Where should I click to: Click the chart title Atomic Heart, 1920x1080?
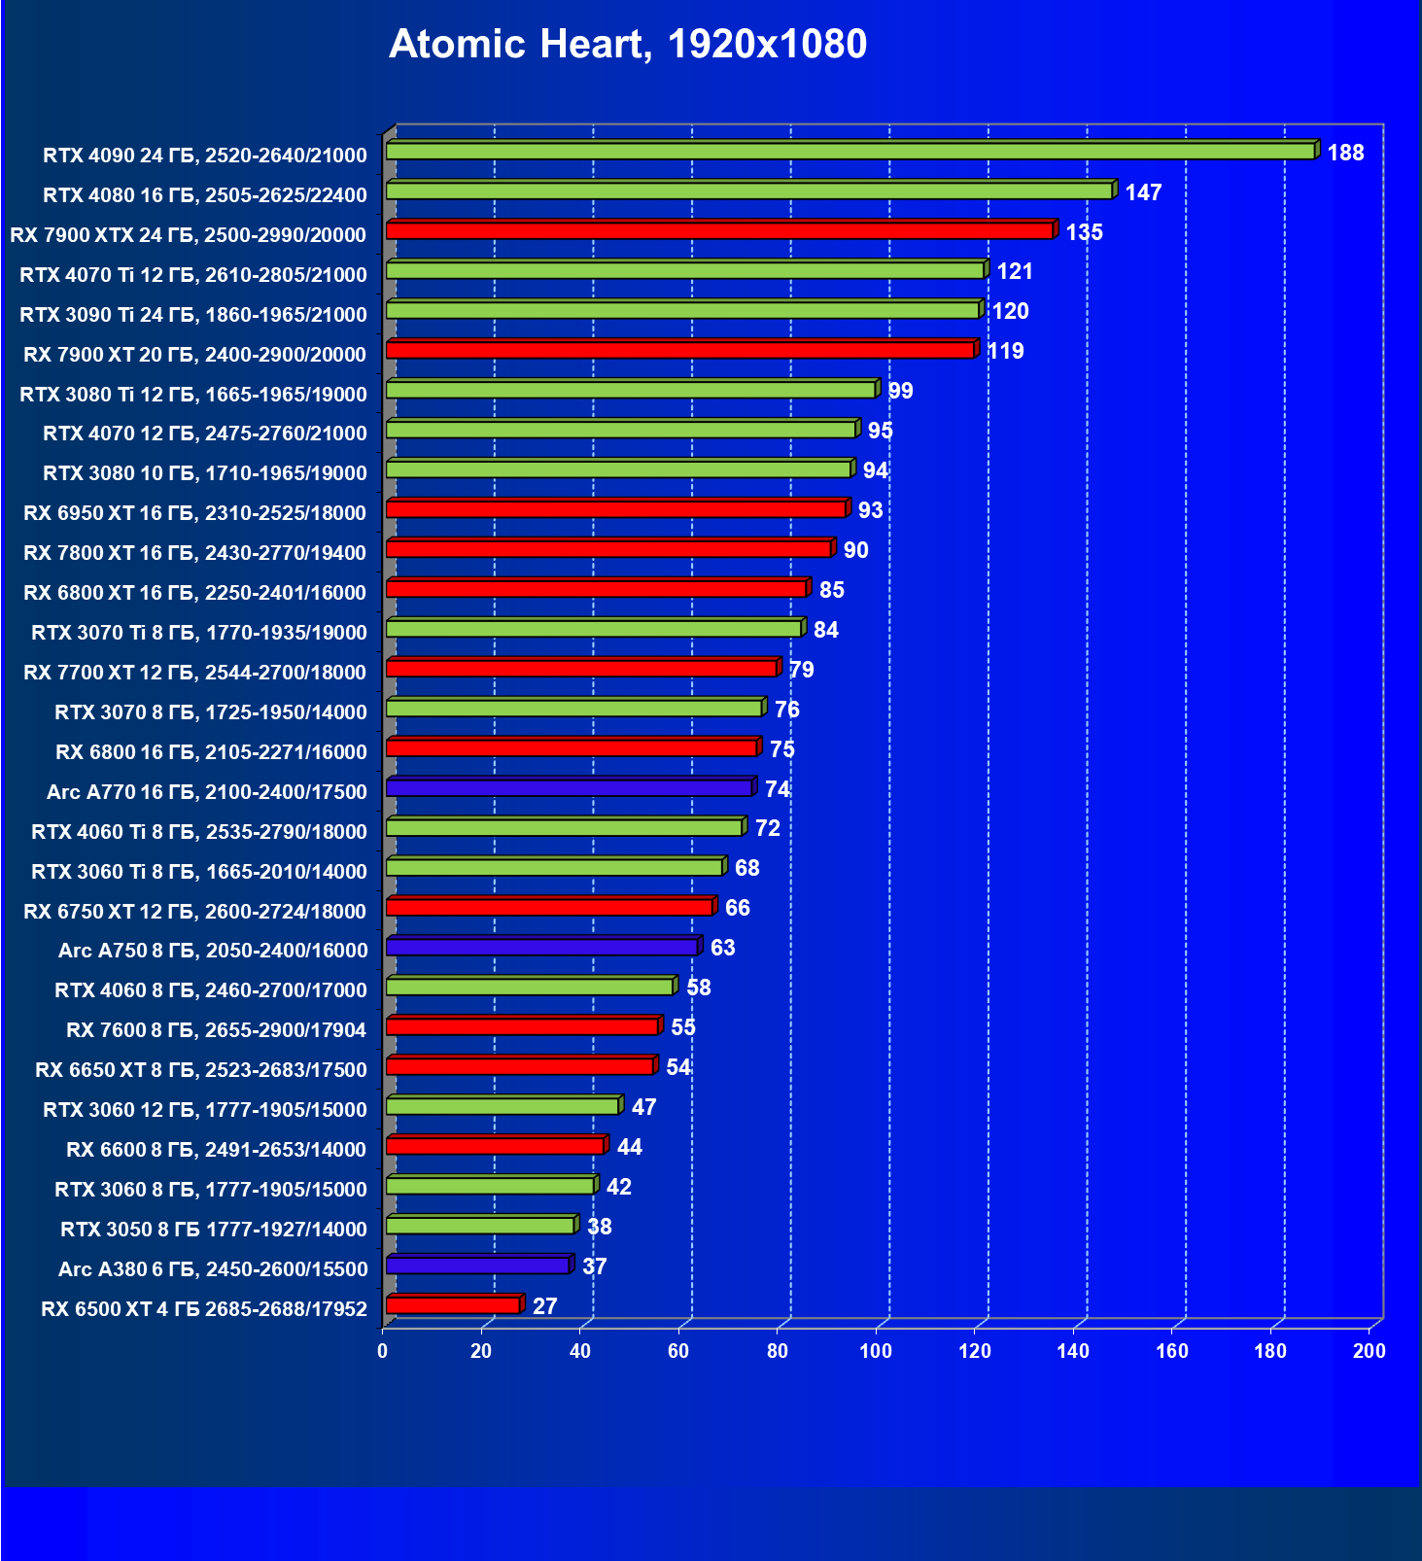pyautogui.click(x=628, y=45)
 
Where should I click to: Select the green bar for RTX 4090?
pyautogui.click(x=850, y=152)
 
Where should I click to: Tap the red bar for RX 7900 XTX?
pyautogui.click(x=719, y=231)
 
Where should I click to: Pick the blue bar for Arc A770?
pyautogui.click(x=570, y=788)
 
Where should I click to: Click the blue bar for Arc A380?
pyautogui.click(x=477, y=1266)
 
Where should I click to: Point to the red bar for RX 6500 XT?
pyautogui.click(x=453, y=1305)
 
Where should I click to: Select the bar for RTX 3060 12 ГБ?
pyautogui.click(x=503, y=1106)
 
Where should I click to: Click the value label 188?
pyautogui.click(x=1345, y=153)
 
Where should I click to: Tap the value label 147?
pyautogui.click(x=1143, y=192)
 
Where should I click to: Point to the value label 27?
pyautogui.click(x=545, y=1306)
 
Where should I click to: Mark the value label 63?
pyautogui.click(x=722, y=948)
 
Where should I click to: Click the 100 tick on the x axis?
pyautogui.click(x=876, y=1351)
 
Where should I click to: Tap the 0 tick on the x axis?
pyautogui.click(x=383, y=1351)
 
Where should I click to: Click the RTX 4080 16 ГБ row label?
pyautogui.click(x=205, y=195)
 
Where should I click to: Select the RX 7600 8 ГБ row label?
pyautogui.click(x=217, y=1030)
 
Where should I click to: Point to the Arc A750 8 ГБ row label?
pyautogui.click(x=213, y=951)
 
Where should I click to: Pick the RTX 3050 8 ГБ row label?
pyautogui.click(x=214, y=1230)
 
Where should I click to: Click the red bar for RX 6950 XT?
pyautogui.click(x=616, y=509)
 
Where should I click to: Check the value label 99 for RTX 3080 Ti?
pyautogui.click(x=900, y=391)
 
